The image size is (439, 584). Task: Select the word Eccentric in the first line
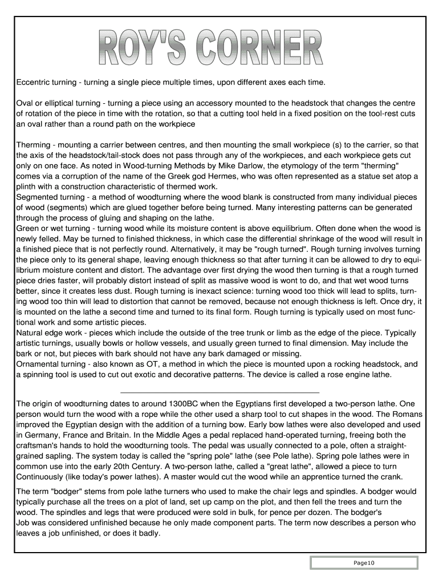[35, 83]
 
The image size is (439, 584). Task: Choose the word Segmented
[36, 197]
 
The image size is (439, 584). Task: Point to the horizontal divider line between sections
[220, 392]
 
